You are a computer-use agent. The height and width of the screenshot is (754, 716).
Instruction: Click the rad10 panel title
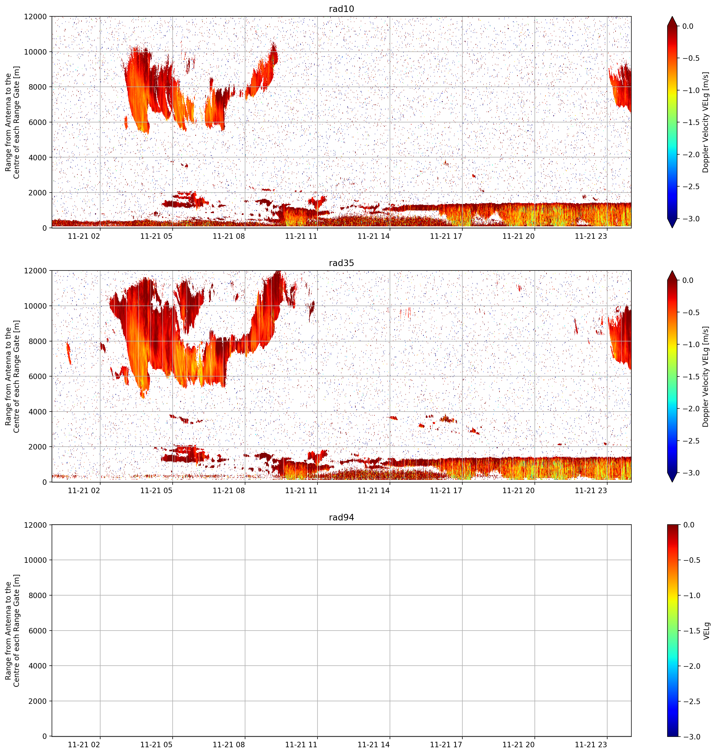tap(341, 9)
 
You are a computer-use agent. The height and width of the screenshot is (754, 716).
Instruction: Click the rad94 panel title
tap(341, 517)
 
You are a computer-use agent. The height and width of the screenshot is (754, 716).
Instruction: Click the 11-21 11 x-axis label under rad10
tap(301, 236)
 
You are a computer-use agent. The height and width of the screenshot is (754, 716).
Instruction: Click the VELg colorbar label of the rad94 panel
tap(706, 631)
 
